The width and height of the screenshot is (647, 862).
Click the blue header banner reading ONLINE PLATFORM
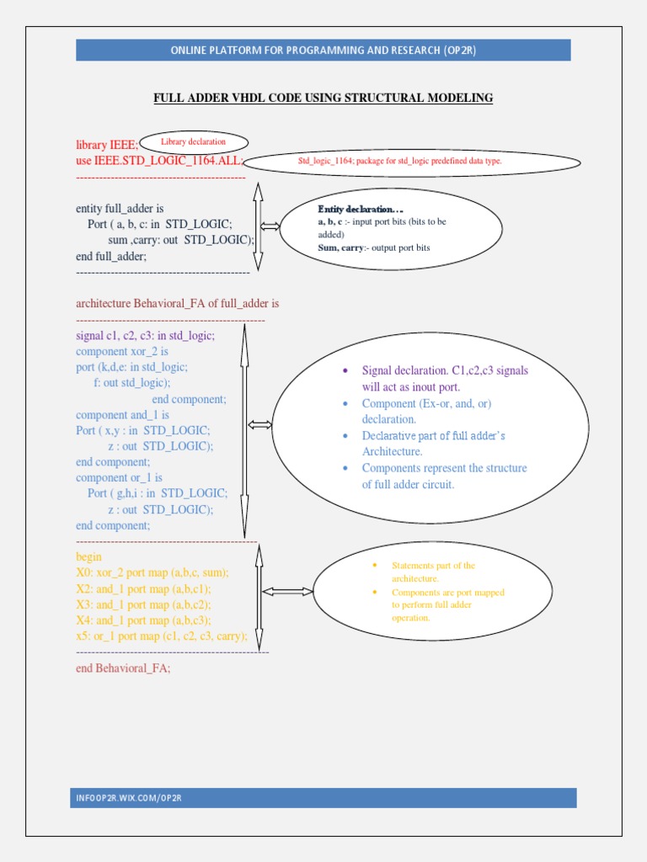[x=323, y=50]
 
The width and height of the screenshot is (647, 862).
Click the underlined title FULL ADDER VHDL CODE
[x=323, y=98]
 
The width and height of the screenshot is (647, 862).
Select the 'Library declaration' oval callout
[x=194, y=142]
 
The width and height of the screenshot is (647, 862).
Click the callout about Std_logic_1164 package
[x=400, y=161]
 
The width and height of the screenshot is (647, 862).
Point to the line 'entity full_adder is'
[x=120, y=209]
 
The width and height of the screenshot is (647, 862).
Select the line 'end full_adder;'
[x=111, y=257]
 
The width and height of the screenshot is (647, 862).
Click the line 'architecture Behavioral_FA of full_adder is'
[x=177, y=303]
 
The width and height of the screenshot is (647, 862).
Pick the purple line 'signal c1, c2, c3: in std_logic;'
[x=145, y=335]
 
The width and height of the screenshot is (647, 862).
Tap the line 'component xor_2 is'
[x=122, y=351]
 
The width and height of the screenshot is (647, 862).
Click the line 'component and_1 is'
[x=122, y=415]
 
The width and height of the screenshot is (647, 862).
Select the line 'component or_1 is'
[x=119, y=478]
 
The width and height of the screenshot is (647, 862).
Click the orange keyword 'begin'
[x=88, y=557]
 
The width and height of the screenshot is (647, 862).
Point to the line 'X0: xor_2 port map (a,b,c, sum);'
[x=152, y=572]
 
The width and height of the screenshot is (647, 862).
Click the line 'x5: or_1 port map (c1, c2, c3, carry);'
[x=162, y=636]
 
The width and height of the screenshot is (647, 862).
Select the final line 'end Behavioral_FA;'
[x=123, y=668]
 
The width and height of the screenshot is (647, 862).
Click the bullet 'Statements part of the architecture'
[x=434, y=572]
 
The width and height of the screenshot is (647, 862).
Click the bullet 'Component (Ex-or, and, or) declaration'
[x=426, y=411]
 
